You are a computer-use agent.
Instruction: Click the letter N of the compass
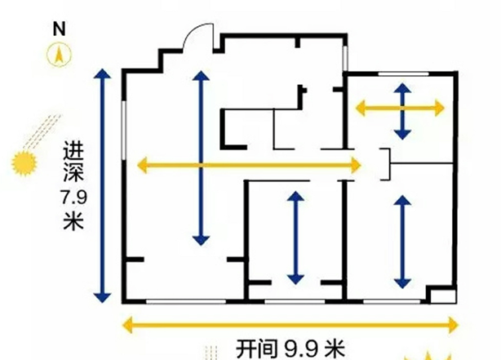click(x=59, y=27)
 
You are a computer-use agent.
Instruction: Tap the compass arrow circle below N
click(x=59, y=55)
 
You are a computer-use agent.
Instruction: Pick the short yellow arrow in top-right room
click(x=400, y=108)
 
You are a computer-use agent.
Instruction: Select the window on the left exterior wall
click(x=124, y=140)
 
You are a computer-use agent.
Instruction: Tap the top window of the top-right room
click(x=399, y=75)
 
